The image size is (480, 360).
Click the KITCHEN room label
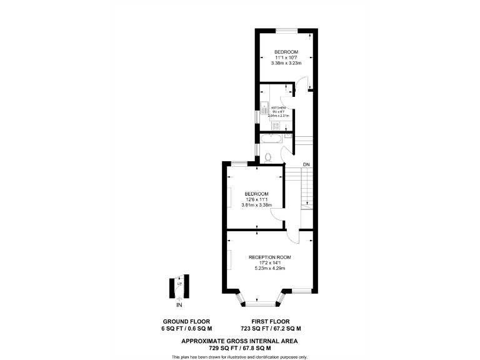coord(278,107)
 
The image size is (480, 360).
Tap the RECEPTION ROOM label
coord(269,257)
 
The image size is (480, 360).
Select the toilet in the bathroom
coord(268,157)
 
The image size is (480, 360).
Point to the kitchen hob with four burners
coord(276,126)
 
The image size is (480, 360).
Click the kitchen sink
coord(264,105)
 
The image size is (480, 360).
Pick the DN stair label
coord(306,164)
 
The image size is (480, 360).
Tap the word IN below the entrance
coord(179,306)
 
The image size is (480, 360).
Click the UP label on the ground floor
coord(180,284)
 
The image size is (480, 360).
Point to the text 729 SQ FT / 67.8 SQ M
coord(239,348)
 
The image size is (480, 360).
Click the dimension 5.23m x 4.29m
coord(269,269)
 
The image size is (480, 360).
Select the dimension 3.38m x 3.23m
coord(286,63)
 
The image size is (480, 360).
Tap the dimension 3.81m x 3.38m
coord(256,204)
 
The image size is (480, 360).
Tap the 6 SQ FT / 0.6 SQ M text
coord(186,328)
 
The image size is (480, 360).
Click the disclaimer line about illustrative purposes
coord(239,357)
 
